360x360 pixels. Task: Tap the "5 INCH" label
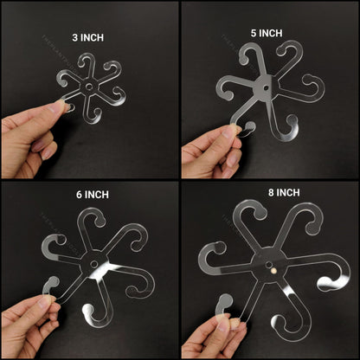[x=266, y=33]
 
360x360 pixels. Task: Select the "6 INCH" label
[x=88, y=195]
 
